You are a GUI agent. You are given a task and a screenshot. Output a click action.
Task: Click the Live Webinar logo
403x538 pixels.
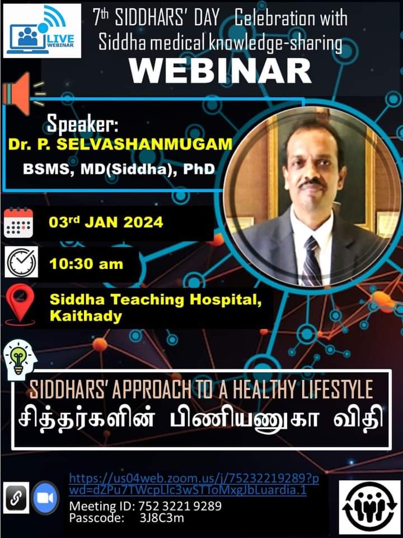coord(42,31)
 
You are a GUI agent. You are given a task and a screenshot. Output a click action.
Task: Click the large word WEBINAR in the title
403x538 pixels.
coord(220,71)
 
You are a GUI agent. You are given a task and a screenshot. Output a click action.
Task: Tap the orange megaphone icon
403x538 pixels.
coord(23,94)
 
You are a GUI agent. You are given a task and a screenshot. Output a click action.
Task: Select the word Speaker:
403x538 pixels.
coord(82,124)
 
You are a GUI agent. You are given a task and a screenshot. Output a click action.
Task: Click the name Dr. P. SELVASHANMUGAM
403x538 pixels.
coord(120,145)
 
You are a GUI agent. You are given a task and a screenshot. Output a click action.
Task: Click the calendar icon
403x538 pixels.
coord(18,222)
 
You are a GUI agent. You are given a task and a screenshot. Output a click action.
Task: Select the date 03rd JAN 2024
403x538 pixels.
coord(106,222)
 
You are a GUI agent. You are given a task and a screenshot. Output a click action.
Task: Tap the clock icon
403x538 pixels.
coord(21,262)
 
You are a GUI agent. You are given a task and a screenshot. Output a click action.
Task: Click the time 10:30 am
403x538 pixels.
coord(86,264)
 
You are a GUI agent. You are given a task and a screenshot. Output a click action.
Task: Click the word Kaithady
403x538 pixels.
coord(86,316)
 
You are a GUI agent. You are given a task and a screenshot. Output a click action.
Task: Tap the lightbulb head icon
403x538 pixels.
coord(20,360)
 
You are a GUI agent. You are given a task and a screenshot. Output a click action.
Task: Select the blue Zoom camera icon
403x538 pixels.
coord(45,498)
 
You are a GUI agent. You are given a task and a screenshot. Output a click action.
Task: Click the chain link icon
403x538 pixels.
coord(16,498)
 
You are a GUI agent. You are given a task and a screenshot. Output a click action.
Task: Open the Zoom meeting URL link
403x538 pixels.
coord(194,484)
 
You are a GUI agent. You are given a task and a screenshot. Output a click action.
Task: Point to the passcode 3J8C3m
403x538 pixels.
coord(161,518)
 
